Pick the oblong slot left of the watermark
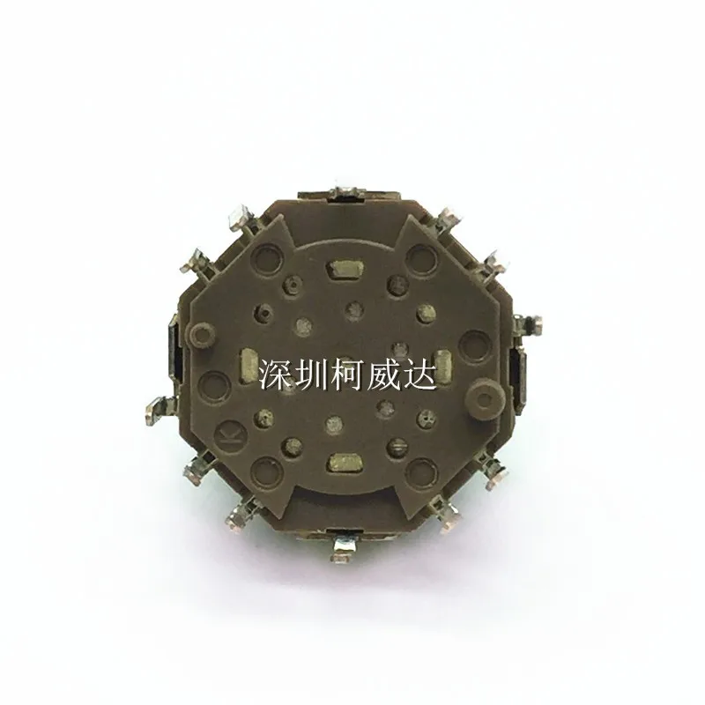(x=249, y=361)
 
